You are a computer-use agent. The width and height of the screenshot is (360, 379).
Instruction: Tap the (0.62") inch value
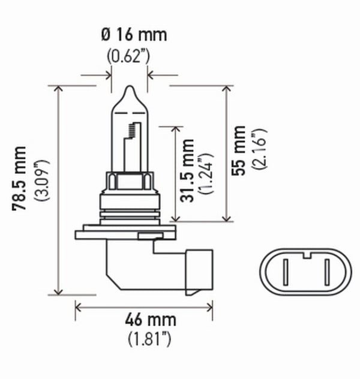coord(129,57)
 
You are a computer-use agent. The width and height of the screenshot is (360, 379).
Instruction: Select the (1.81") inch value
coord(149,339)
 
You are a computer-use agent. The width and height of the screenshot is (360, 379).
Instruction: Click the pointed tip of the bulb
coord(129,88)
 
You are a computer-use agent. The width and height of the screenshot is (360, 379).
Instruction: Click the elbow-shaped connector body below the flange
coord(129,264)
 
